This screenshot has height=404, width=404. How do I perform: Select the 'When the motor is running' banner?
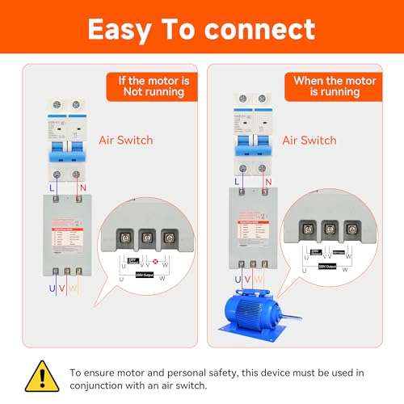click(331, 86)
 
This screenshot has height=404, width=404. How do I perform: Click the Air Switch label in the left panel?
click(126, 139)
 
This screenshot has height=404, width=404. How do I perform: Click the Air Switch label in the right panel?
click(309, 140)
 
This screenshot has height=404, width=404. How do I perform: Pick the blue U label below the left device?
click(52, 287)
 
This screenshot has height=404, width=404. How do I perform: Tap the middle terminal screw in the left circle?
click(146, 238)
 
